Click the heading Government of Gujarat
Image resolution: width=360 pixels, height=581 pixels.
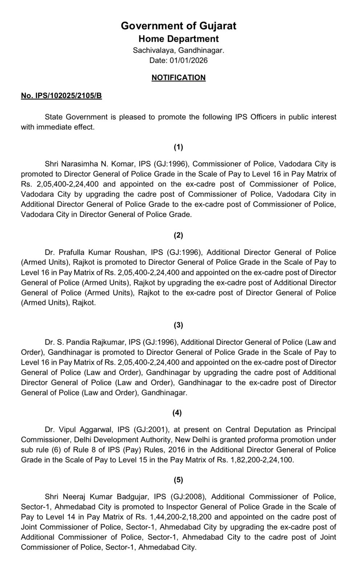pyautogui.click(x=178, y=26)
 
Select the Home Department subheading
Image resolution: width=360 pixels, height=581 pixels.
pyautogui.click(x=178, y=39)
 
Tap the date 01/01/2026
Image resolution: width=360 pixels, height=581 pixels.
pyautogui.click(x=189, y=60)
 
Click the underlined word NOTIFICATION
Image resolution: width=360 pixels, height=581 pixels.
pyautogui.click(x=178, y=78)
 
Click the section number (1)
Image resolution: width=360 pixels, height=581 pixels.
pyautogui.click(x=178, y=147)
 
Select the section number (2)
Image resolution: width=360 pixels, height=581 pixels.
pyautogui.click(x=178, y=235)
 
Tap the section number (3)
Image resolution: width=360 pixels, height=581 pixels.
pyautogui.click(x=178, y=325)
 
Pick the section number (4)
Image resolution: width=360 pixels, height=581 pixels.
pyautogui.click(x=177, y=413)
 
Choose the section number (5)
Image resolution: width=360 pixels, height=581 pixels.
pyautogui.click(x=178, y=480)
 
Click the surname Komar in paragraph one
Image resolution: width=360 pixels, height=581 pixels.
pyautogui.click(x=120, y=164)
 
